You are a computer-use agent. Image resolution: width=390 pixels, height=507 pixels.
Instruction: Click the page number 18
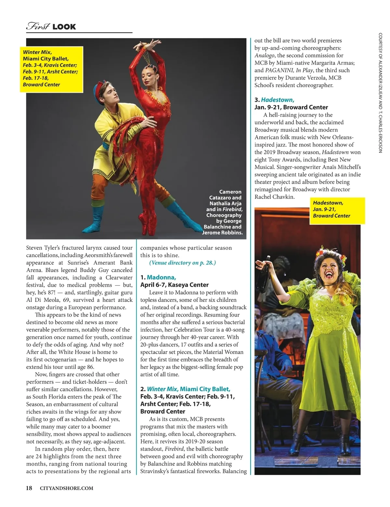pos(29,488)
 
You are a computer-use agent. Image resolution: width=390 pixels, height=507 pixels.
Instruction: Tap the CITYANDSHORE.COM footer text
pos(66,488)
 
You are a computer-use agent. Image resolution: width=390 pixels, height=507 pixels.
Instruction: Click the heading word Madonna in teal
pos(161,277)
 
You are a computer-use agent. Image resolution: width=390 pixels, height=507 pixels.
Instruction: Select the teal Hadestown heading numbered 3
pos(278,100)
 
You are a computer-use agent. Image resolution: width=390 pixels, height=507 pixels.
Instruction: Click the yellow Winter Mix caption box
pos(51,68)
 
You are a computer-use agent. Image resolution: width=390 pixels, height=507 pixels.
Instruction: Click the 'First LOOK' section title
pos(51,26)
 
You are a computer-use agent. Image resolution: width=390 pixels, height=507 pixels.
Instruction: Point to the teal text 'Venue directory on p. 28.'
pos(182,263)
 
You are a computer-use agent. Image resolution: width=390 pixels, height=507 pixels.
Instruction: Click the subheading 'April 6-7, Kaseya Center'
pos(174,285)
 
